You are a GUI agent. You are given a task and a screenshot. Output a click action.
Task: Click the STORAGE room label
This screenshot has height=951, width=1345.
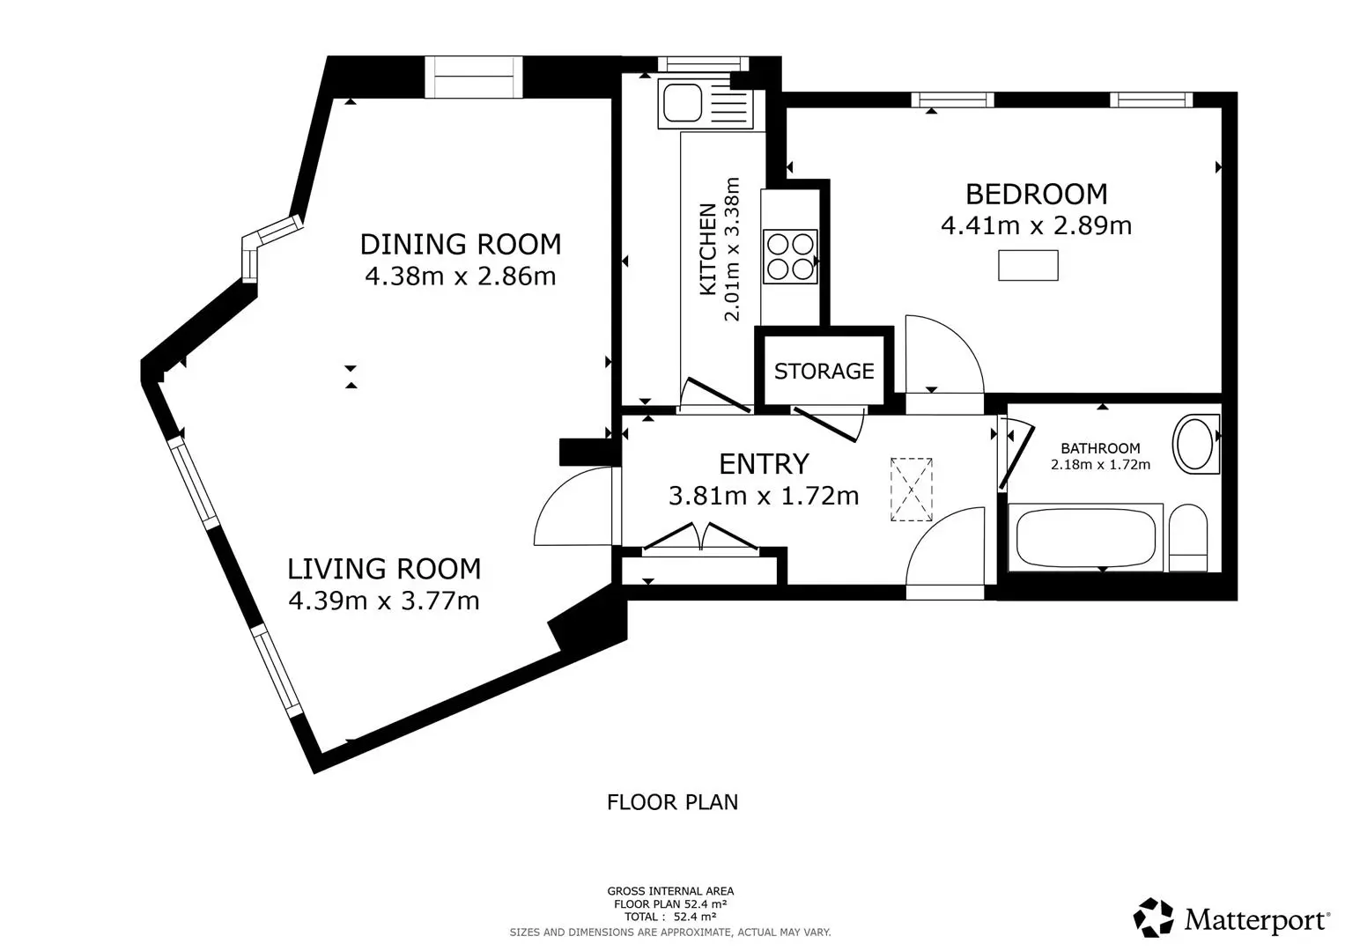point(824,371)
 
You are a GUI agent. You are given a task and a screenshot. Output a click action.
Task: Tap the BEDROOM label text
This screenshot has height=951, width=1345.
point(1037,194)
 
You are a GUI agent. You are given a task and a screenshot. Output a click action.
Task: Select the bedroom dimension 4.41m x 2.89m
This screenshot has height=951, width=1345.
point(1037,225)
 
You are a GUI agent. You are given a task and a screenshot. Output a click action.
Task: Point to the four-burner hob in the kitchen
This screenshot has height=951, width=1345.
point(790,256)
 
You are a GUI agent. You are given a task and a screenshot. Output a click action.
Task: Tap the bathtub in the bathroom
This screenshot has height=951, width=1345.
point(1086,538)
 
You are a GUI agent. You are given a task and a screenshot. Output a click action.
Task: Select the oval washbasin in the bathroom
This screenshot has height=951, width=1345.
point(1195,444)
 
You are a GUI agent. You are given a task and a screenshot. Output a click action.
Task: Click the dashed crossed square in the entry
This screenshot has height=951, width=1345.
point(912,490)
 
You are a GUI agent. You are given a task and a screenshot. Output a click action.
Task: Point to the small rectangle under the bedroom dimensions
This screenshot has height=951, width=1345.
point(1028,265)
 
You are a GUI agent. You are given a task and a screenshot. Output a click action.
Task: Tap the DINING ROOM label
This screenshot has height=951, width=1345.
point(461,245)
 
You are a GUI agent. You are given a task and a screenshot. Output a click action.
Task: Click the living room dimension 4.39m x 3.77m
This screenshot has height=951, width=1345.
point(384,601)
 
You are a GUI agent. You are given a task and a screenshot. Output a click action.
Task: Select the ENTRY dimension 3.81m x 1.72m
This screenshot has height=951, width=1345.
point(764,496)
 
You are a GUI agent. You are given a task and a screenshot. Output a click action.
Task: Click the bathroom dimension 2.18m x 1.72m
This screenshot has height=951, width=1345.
point(1101,464)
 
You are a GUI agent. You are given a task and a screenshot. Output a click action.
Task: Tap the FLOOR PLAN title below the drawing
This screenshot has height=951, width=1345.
point(673,802)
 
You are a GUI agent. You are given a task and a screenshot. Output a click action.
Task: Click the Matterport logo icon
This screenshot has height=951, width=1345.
point(1153,918)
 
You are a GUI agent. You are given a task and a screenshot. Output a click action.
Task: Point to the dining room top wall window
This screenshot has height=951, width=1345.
point(474,77)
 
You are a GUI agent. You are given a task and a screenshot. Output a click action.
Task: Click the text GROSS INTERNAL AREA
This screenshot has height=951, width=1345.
point(670,891)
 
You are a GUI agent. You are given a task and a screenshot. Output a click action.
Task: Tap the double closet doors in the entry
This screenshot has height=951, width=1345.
point(701,537)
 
